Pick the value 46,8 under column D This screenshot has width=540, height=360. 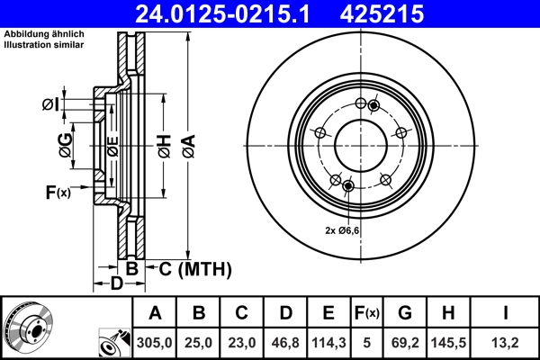(285, 340)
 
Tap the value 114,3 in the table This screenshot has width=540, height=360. (328, 340)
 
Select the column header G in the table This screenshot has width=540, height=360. (405, 313)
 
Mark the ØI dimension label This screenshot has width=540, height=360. (50, 105)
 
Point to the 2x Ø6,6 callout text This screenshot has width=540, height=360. (343, 230)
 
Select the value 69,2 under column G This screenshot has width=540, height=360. (405, 340)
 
